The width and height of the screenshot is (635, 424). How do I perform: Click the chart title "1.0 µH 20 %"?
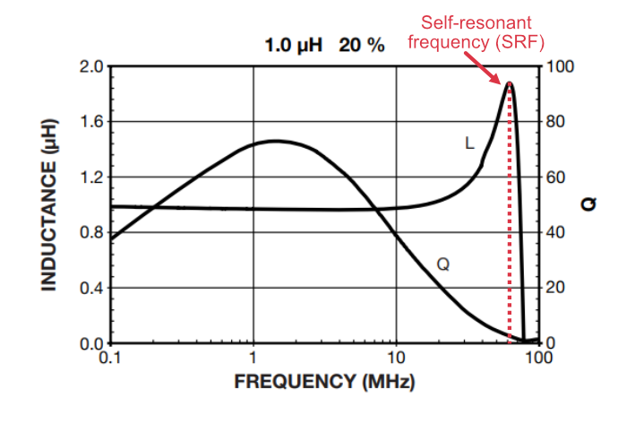coord(324,46)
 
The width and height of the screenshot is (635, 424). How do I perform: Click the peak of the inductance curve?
coord(510,83)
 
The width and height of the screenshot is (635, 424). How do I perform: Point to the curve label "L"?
coord(469,143)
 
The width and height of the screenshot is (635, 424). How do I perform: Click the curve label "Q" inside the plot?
coord(442,264)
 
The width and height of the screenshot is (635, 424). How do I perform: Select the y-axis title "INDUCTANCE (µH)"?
coord(49,205)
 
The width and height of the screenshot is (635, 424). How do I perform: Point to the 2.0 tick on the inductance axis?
coord(93,67)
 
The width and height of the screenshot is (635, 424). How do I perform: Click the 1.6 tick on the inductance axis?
coord(93,122)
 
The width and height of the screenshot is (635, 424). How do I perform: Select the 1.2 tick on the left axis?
coord(93,177)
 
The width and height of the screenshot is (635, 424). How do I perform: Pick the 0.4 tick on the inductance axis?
coord(93,288)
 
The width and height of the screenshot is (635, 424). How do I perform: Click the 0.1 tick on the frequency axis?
coord(110,356)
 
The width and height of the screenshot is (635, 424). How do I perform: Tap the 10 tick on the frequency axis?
coord(396,356)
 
